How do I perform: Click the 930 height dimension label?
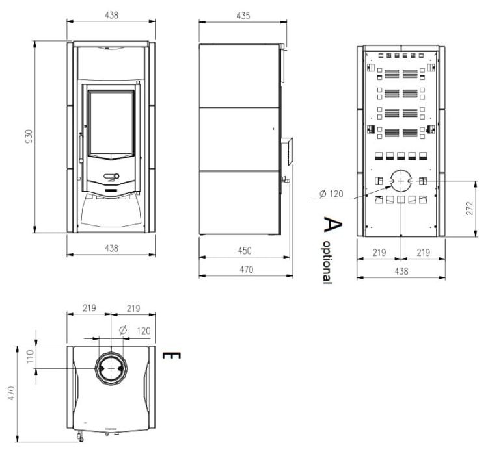(x=29, y=136)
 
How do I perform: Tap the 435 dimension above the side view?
(x=243, y=16)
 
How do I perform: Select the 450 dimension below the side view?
(x=245, y=251)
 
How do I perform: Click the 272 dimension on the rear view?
(x=470, y=208)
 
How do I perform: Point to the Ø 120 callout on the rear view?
(x=331, y=194)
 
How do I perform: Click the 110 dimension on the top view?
(x=30, y=357)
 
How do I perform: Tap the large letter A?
(x=332, y=224)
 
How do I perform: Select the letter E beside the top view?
(x=172, y=355)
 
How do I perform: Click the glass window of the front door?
(x=111, y=123)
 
